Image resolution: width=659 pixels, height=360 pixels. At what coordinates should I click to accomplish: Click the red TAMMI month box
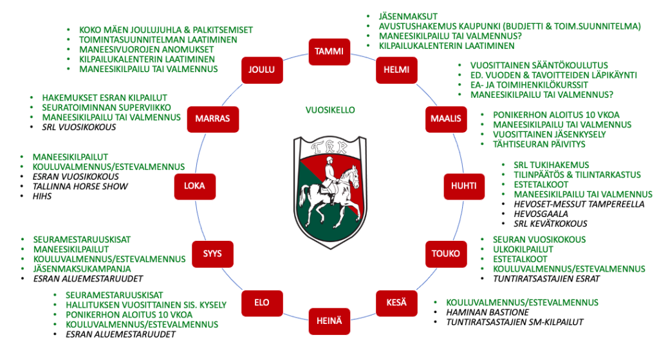point(329,51)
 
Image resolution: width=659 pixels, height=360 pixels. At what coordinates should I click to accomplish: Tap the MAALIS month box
point(445,118)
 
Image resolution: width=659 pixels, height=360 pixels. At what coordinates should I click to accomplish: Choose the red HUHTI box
point(464,186)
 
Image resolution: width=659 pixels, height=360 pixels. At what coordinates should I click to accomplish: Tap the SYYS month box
point(213,254)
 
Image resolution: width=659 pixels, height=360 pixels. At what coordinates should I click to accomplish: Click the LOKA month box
point(194,186)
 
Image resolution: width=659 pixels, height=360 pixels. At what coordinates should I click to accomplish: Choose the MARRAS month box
point(213,118)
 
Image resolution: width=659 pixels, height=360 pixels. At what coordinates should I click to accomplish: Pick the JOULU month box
point(261,70)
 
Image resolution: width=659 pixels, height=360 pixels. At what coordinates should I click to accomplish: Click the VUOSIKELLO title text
point(329,110)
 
